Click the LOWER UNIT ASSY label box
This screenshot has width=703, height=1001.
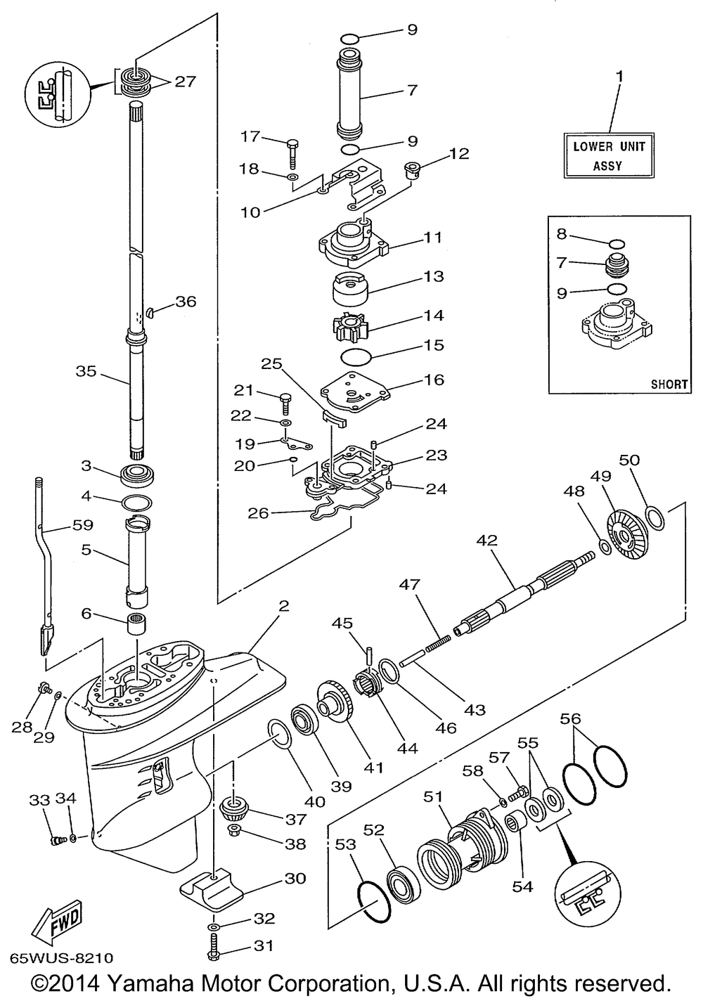pos(608,155)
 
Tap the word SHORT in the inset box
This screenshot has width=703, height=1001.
pos(669,384)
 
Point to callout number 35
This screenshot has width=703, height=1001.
pos(86,371)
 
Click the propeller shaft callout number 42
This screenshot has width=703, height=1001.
pos(486,541)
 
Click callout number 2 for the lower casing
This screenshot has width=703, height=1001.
pos(284,606)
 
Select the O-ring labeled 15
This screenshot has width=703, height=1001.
pos(356,358)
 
